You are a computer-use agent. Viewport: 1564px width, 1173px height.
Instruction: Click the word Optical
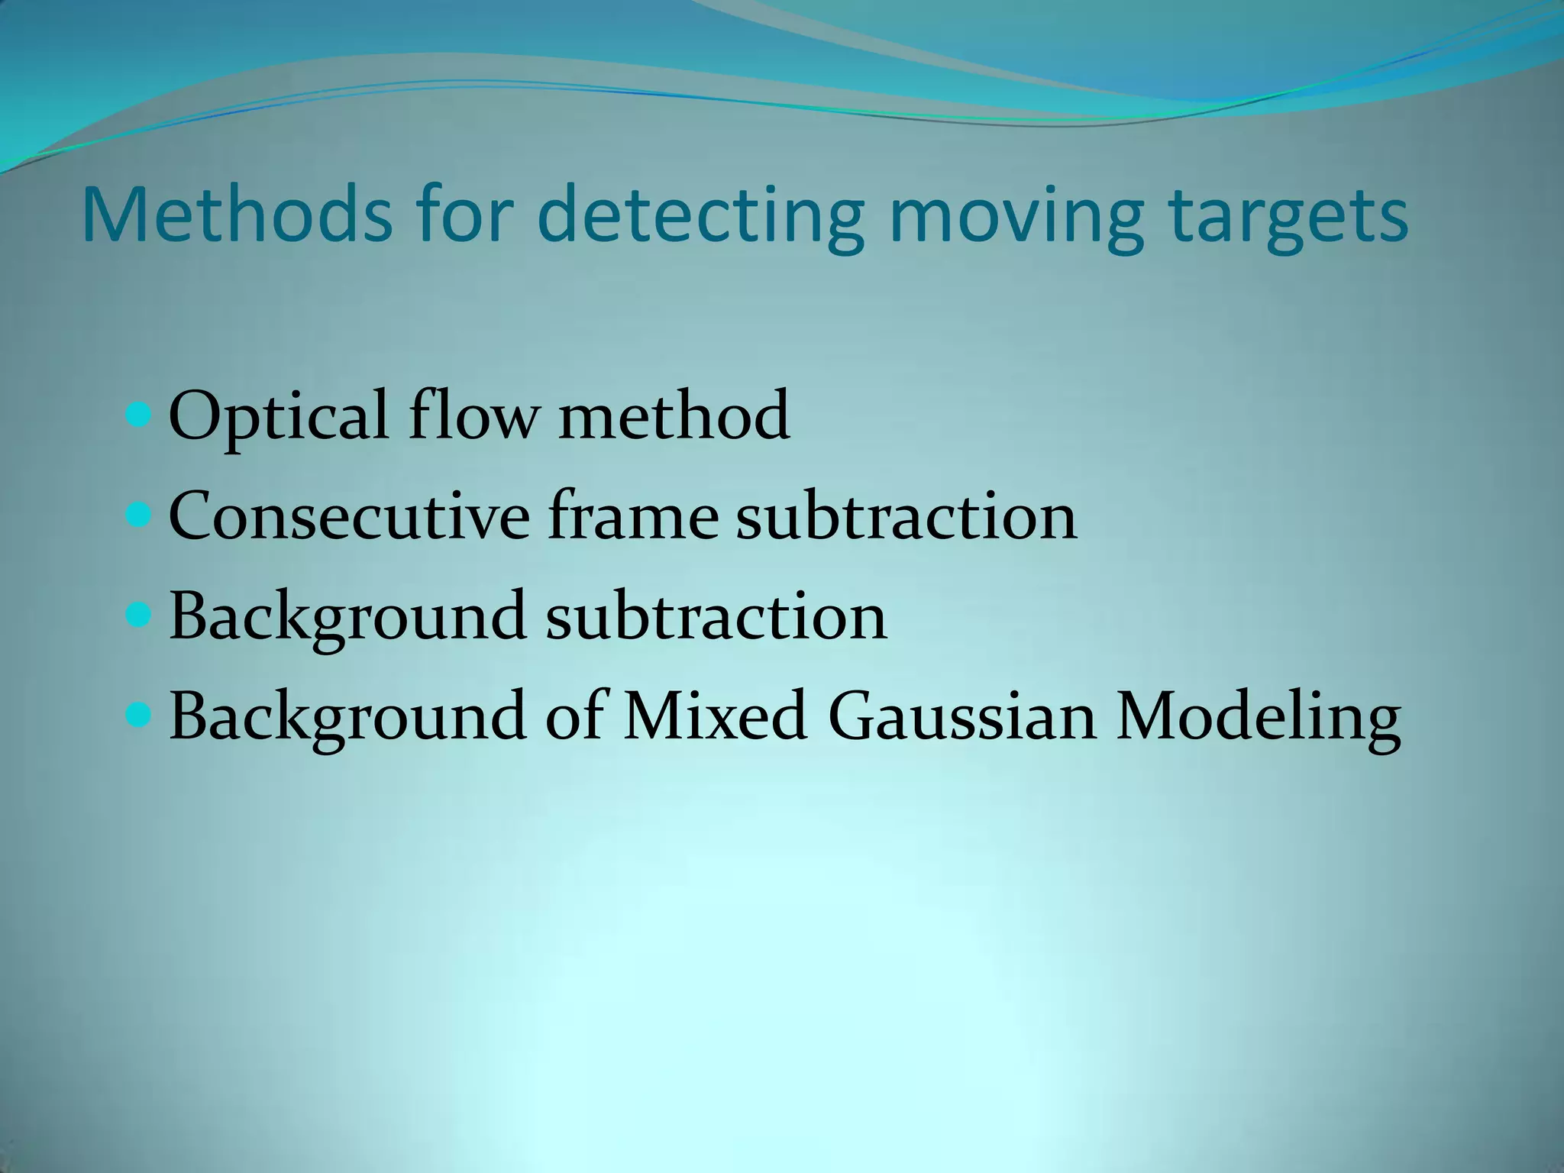278,416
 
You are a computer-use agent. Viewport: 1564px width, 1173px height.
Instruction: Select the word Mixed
715,716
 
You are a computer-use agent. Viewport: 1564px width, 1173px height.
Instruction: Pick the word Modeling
1258,717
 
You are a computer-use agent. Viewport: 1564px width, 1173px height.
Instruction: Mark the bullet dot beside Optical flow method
138,417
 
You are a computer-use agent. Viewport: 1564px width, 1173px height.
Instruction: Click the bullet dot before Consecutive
138,517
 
